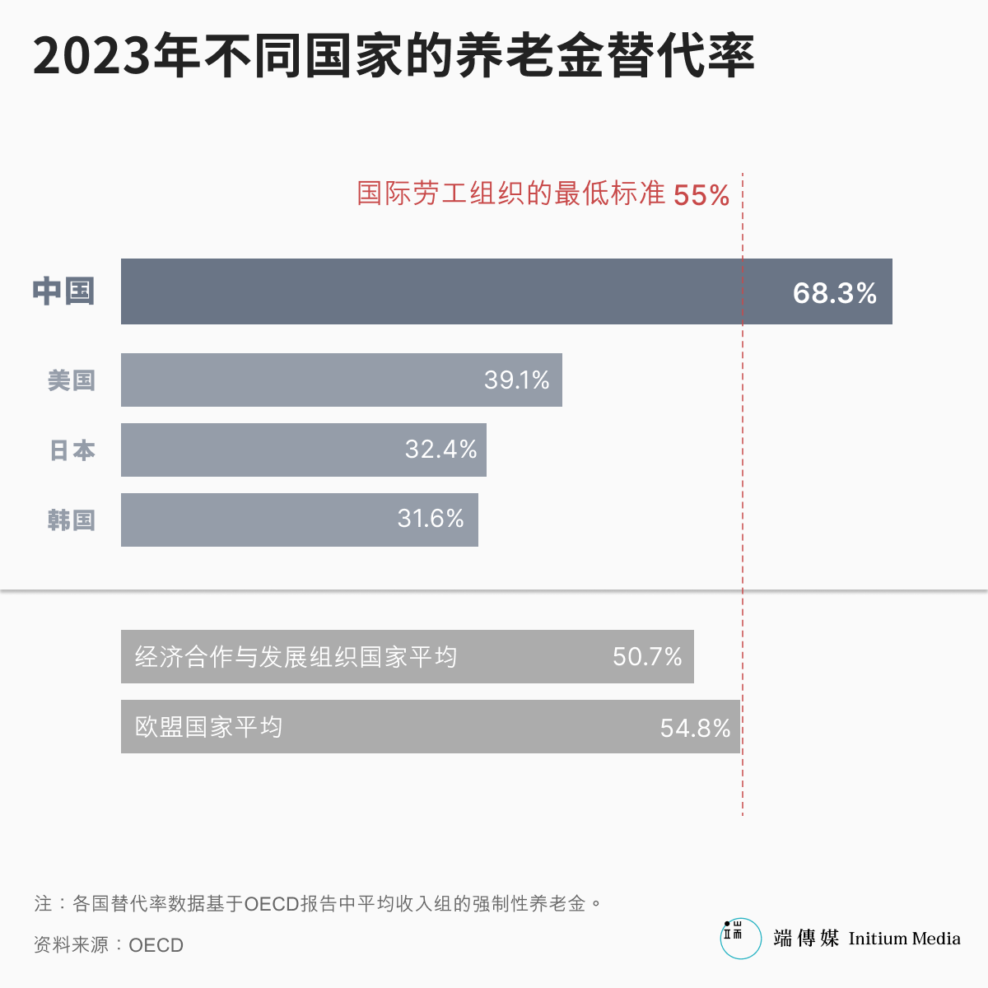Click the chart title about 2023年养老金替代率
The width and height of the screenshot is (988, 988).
coord(394,56)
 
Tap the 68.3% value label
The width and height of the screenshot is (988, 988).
coord(834,293)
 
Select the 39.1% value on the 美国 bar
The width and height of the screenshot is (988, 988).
coord(516,380)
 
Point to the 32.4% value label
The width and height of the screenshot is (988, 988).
coord(440,450)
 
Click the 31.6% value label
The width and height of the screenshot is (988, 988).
coord(431,519)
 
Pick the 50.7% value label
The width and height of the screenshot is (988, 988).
coord(647,657)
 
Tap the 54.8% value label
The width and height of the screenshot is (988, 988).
coord(695,728)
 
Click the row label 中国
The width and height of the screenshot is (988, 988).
coord(64,291)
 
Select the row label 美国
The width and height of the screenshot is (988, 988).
coord(72,380)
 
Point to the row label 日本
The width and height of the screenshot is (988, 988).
coord(72,450)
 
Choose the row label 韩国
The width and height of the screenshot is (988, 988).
coord(72,520)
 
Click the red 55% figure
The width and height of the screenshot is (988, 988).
coord(701,195)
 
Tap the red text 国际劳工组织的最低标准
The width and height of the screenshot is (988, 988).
coord(510,193)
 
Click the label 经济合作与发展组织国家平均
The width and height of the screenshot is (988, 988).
coord(296,657)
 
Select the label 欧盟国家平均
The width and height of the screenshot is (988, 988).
coord(208,727)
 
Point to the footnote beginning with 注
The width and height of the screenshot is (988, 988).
coord(318,903)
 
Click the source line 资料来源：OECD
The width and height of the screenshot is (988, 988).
coord(109,944)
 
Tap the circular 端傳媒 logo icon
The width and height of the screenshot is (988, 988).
coord(740,939)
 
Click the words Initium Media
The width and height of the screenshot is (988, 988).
coord(904,939)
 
